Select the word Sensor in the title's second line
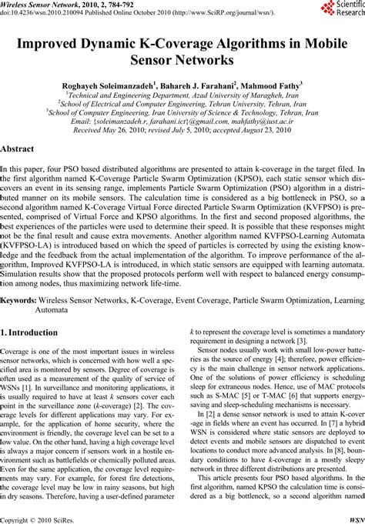coord(159,60)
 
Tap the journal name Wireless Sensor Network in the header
coord(40,5)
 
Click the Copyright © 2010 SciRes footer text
coord(36,519)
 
